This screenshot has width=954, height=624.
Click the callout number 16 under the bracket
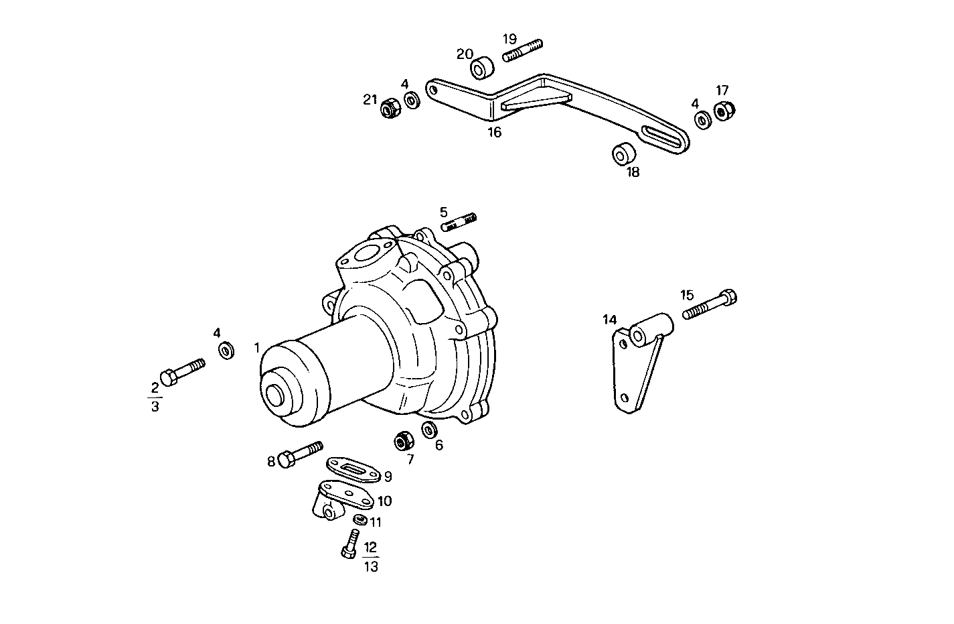coord(494,132)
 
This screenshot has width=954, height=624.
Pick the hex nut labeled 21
coord(390,107)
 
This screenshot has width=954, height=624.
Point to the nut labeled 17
coord(724,111)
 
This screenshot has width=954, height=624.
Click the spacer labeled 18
coord(623,153)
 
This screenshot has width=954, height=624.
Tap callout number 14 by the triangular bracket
coord(609,320)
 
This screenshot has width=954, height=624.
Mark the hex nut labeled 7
coord(403,441)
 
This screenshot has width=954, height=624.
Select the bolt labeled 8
coord(301,454)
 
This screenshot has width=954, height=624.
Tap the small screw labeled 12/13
coord(350,543)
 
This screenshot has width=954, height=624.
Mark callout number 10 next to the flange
coord(384,501)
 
